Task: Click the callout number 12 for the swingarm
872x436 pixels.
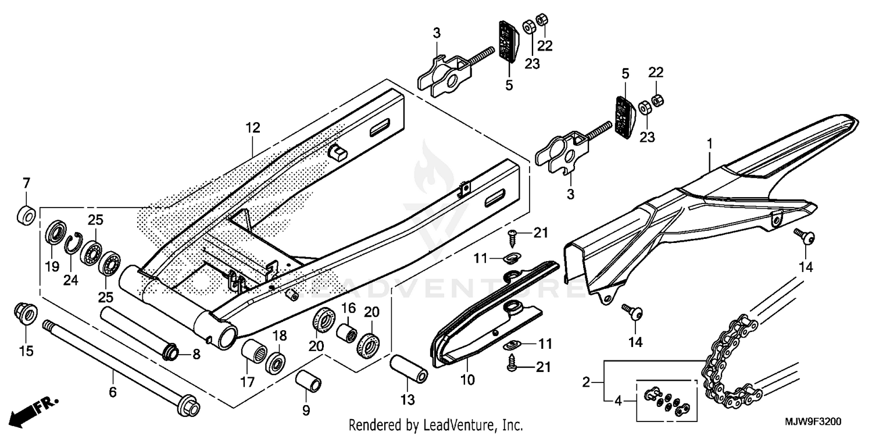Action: (x=252, y=127)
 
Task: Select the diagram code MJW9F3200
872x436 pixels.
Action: (x=814, y=421)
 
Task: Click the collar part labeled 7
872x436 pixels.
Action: (x=26, y=215)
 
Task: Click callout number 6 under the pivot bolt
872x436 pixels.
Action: (x=113, y=392)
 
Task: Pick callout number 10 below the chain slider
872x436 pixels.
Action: (x=467, y=380)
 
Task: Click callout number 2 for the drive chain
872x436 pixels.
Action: (x=586, y=382)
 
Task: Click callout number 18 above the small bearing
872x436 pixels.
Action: (x=279, y=335)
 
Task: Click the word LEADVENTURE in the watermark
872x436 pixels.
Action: (x=436, y=288)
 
